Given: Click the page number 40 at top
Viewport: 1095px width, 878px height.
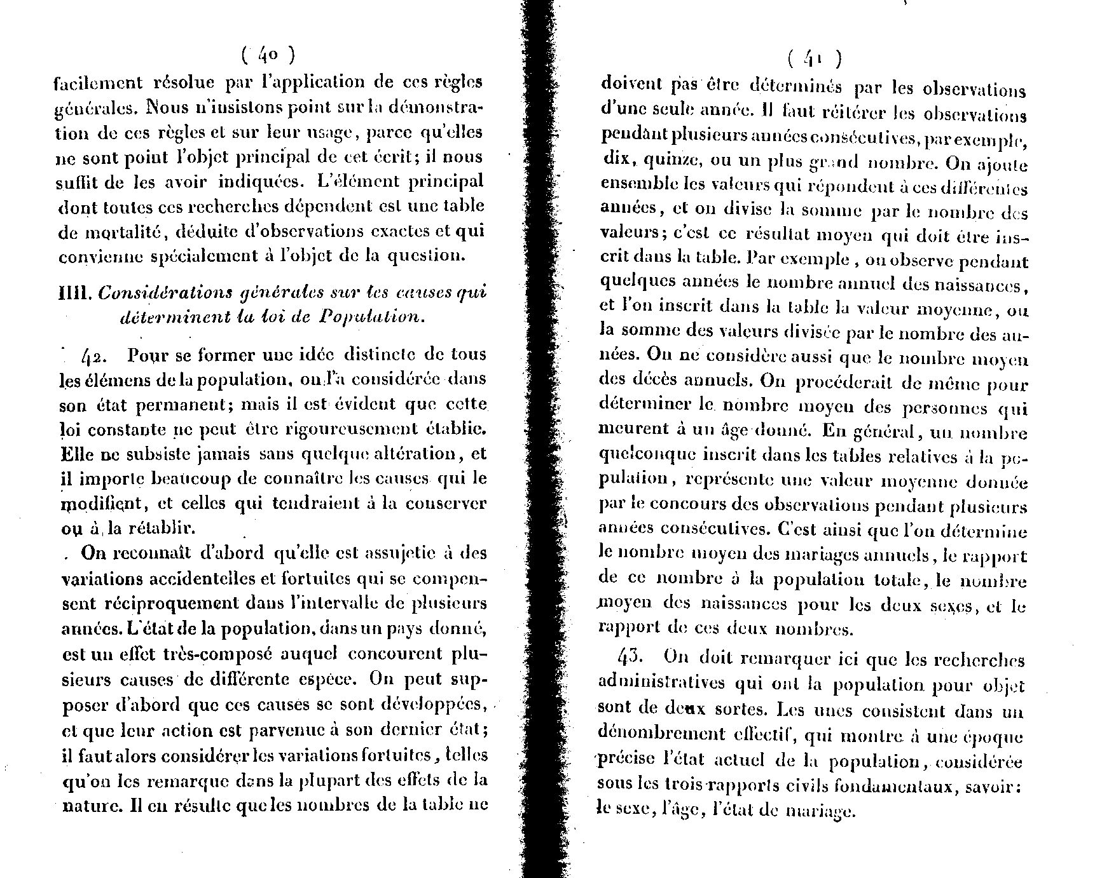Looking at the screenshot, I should [x=268, y=55].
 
